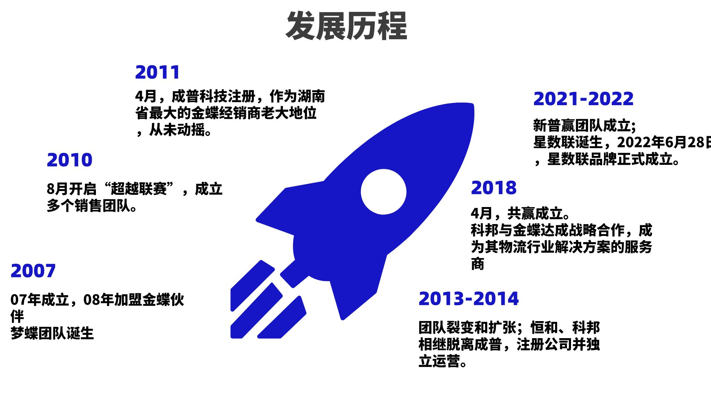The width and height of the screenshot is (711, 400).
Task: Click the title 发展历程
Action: coord(346,26)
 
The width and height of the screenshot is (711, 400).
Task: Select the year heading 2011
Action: coord(157,72)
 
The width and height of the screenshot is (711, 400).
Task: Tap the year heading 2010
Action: coord(70,160)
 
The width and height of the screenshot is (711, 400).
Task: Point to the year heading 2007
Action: coord(33,271)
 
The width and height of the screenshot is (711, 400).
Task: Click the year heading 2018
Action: coord(494,188)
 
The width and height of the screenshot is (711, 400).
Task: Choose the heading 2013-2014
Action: coord(469,299)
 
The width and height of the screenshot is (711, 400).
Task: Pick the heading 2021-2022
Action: coord(584,99)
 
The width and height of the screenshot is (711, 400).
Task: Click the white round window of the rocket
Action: coord(384,192)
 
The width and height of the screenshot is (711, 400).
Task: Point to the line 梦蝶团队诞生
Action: coord(52,333)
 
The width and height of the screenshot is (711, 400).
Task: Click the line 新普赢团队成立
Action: coord(582,126)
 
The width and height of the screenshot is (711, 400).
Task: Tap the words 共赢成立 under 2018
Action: coord(535,213)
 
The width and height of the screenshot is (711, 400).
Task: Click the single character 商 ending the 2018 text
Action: coord(478,264)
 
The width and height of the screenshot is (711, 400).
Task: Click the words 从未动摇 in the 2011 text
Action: coord(177,130)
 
